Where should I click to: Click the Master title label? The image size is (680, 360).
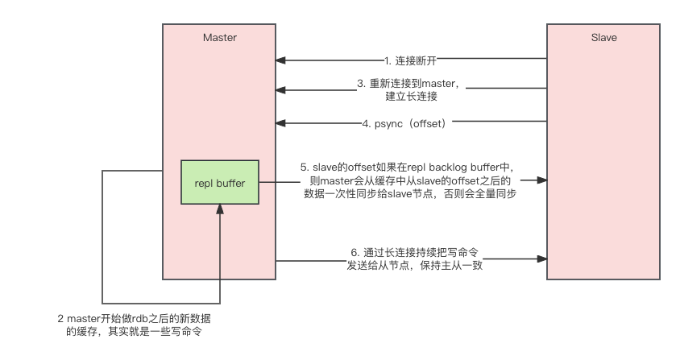[x=219, y=38]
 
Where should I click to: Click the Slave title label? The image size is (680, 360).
[x=603, y=38]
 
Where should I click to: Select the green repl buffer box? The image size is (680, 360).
[x=219, y=183]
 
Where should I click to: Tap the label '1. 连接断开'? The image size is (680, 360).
[x=410, y=60]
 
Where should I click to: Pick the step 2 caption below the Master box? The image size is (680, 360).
[x=135, y=324]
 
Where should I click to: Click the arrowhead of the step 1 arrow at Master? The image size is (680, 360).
[x=280, y=60]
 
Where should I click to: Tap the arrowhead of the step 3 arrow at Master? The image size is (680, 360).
[x=280, y=89]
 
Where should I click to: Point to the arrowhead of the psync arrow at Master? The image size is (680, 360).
[x=280, y=123]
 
